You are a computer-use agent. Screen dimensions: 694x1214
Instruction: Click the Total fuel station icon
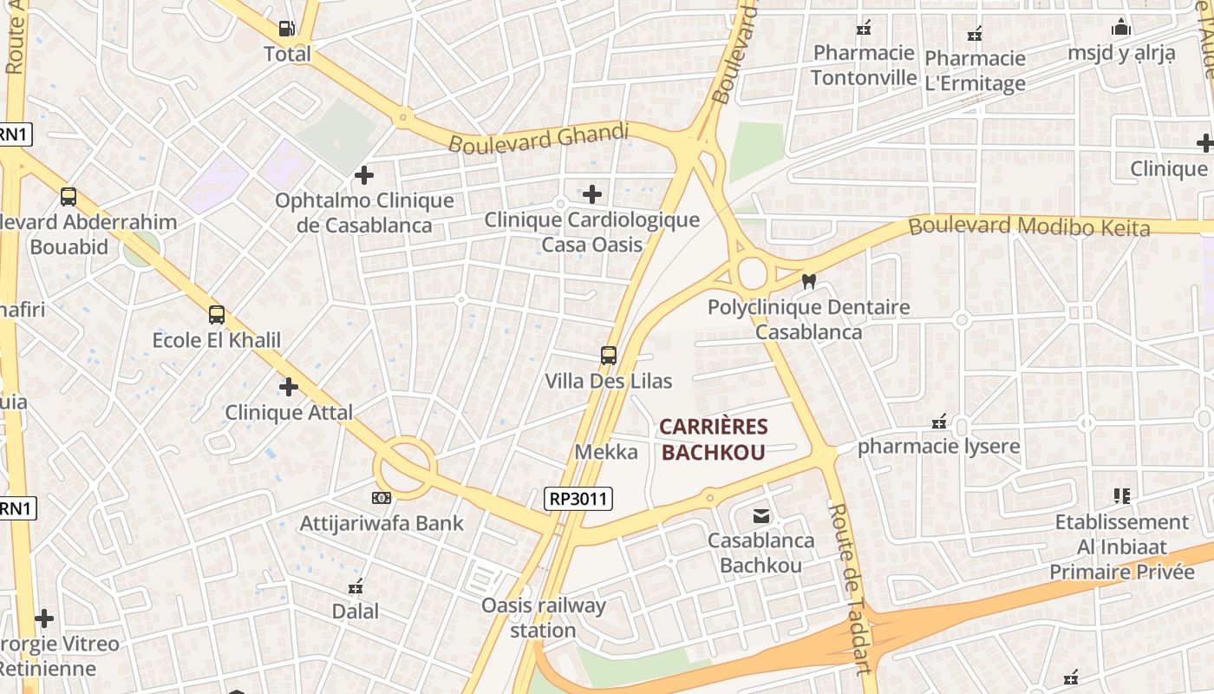[286, 29]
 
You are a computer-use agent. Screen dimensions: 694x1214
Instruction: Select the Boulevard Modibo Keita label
[1029, 227]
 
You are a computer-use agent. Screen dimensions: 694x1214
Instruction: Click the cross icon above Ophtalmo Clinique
[364, 175]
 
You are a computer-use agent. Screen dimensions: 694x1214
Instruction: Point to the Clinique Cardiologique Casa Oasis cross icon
[592, 193]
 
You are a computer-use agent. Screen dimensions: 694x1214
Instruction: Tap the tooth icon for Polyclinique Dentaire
[809, 282]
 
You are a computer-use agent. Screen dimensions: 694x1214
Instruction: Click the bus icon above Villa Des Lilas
[609, 355]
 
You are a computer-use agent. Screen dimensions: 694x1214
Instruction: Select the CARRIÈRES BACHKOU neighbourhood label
[714, 439]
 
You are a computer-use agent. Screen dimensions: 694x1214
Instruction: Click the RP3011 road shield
[578, 498]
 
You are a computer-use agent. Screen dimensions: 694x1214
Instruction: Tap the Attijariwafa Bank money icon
[382, 498]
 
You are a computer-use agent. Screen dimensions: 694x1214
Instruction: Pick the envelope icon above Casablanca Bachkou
[760, 516]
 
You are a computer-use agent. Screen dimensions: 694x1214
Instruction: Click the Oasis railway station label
[543, 617]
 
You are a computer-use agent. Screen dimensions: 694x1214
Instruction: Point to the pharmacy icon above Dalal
[356, 587]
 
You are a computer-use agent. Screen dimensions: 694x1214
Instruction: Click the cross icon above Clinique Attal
[289, 387]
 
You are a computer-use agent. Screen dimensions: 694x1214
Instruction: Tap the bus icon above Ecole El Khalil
[217, 315]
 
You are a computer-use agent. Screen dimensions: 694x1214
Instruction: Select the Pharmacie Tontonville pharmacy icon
[864, 29]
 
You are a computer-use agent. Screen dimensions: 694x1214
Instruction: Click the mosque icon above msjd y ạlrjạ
[1121, 28]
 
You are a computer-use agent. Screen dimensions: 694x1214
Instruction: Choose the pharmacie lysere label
[939, 446]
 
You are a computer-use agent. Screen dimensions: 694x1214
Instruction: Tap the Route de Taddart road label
[849, 588]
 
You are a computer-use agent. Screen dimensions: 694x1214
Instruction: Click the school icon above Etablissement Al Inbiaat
[1122, 496]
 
